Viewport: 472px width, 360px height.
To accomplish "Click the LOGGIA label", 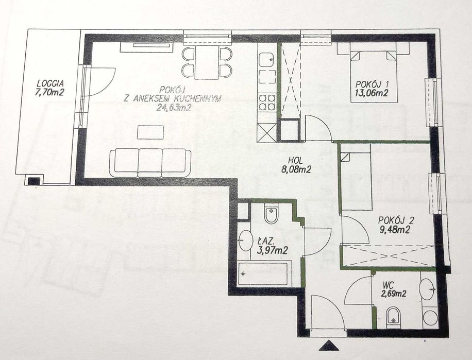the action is [50, 83].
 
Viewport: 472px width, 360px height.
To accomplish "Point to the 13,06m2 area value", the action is [372, 93].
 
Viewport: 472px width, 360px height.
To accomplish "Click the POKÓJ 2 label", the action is [396, 221].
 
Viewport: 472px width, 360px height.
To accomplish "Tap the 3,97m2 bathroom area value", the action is [272, 250].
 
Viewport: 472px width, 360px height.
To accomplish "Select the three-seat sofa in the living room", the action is [150, 163].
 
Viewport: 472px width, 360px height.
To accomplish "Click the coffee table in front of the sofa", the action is [150, 132].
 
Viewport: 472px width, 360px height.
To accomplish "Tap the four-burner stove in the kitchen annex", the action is [267, 102].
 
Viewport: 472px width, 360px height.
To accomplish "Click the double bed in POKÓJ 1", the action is [373, 76].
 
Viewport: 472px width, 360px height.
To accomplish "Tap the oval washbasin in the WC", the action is [428, 289].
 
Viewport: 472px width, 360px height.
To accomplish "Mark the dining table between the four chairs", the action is [207, 62].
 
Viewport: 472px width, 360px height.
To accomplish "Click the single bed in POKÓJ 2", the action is [356, 181].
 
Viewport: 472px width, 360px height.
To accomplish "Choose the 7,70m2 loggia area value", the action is [50, 92].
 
